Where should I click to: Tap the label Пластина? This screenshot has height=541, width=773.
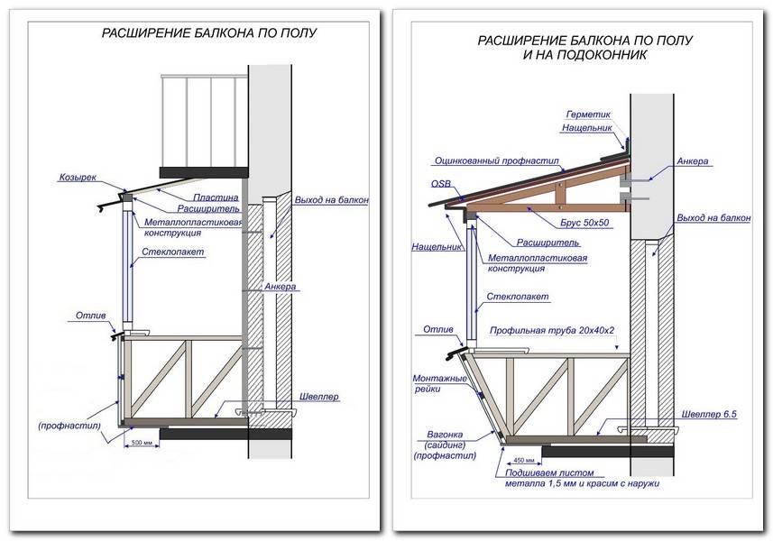pos(215,197)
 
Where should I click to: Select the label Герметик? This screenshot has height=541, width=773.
pos(588,115)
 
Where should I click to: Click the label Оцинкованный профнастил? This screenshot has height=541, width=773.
pos(497,162)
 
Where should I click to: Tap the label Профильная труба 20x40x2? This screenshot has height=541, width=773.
pos(552,330)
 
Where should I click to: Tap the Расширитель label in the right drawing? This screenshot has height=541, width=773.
pos(545,243)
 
